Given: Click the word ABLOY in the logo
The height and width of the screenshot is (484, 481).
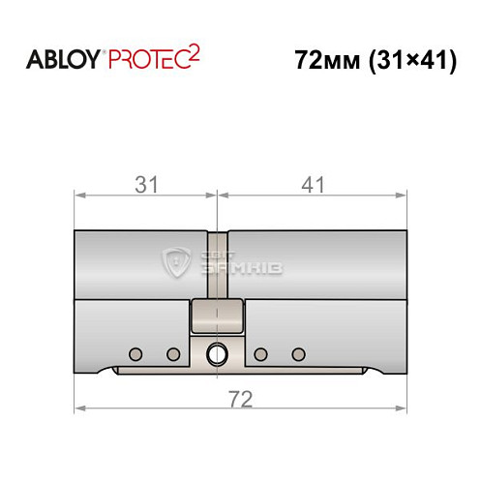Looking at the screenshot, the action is (63, 60).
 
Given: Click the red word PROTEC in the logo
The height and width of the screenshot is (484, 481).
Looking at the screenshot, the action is (149, 60).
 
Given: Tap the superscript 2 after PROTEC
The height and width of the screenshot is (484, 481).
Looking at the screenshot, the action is (194, 54).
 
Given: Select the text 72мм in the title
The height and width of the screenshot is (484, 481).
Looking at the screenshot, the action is (327, 60).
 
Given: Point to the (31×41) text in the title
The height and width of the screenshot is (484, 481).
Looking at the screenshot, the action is (413, 61).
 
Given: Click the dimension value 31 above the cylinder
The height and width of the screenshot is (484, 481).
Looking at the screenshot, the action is (146, 185).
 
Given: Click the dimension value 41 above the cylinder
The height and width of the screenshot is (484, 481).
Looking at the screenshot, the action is (313, 185).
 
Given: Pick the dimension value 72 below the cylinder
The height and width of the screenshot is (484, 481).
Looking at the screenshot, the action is (240, 399).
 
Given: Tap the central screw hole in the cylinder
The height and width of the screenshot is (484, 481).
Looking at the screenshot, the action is (217, 354).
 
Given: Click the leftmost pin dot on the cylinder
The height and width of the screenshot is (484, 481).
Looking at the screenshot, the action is (135, 354).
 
